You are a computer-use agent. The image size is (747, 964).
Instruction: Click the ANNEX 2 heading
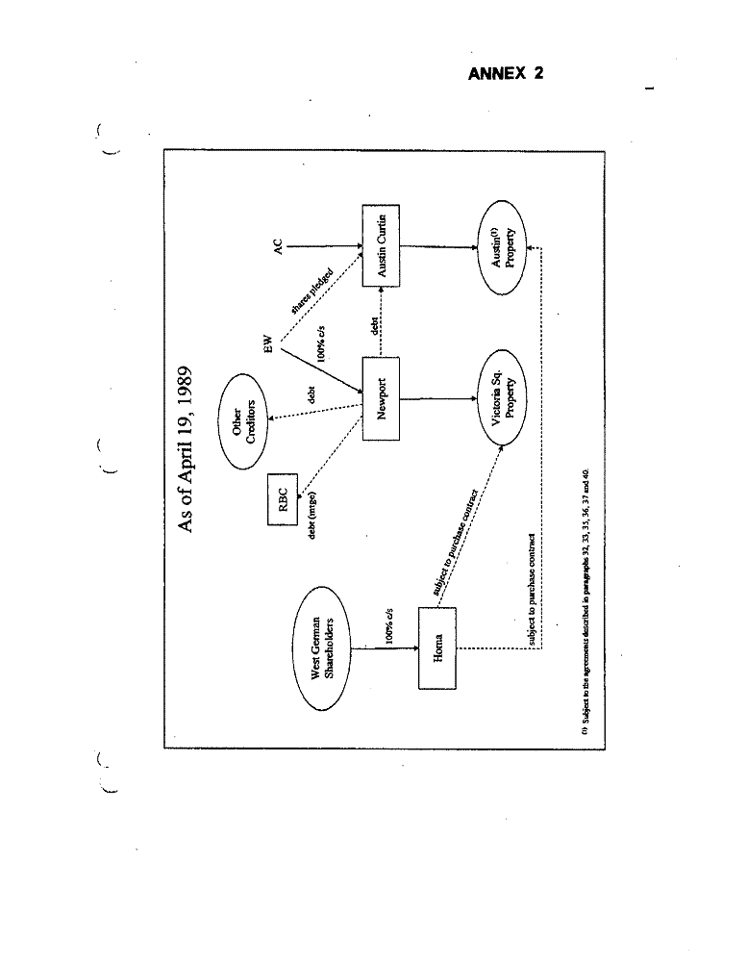[505, 74]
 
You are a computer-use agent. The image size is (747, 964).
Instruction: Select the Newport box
[381, 397]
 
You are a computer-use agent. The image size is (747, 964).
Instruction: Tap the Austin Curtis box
[381, 244]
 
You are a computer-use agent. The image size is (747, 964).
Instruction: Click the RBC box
[283, 499]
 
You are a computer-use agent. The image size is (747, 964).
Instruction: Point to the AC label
[276, 248]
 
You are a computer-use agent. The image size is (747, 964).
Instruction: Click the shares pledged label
[311, 292]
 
